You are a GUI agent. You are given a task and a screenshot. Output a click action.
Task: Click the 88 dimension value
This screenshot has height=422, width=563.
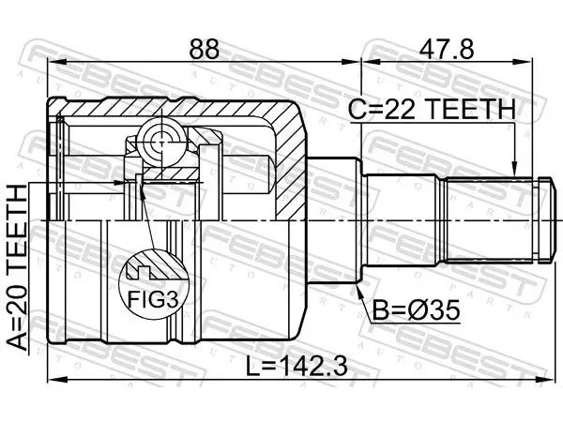click(204, 49)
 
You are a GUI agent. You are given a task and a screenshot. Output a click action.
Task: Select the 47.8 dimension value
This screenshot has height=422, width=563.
click(447, 49)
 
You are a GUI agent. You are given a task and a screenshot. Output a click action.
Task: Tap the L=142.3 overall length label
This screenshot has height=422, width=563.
click(297, 367)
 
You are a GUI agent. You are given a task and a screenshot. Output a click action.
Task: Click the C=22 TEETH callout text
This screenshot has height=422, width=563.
click(432, 109)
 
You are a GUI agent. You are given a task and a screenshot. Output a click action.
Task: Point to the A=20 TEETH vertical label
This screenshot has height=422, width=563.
click(18, 267)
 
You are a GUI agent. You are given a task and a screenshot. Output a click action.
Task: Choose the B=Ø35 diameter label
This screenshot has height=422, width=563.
click(416, 310)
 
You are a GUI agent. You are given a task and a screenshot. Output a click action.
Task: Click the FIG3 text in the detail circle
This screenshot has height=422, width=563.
click(153, 298)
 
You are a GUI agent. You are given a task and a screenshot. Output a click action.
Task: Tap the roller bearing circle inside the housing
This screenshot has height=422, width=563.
click(162, 143)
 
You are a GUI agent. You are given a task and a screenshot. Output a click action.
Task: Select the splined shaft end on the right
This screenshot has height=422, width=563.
click(497, 220)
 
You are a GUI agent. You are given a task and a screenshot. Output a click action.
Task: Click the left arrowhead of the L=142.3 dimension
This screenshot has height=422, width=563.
click(55, 379)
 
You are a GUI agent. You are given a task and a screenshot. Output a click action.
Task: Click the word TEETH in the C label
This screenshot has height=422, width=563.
click(472, 109)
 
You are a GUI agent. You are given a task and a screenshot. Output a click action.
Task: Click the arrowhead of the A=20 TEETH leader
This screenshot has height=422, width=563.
click(120, 182)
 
